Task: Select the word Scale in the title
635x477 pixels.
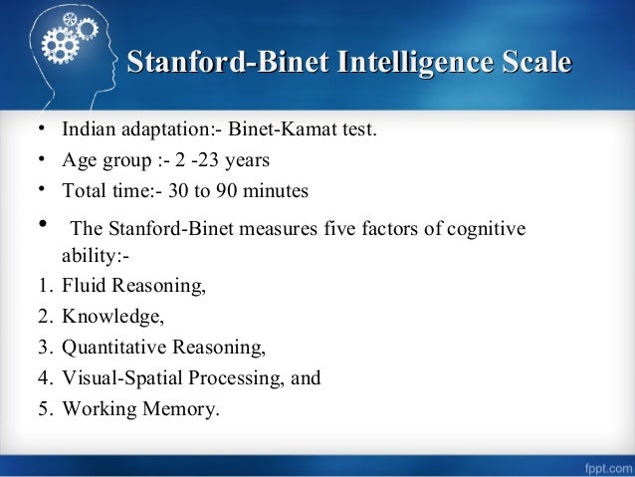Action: (x=532, y=65)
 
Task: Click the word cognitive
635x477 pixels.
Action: (x=487, y=231)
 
